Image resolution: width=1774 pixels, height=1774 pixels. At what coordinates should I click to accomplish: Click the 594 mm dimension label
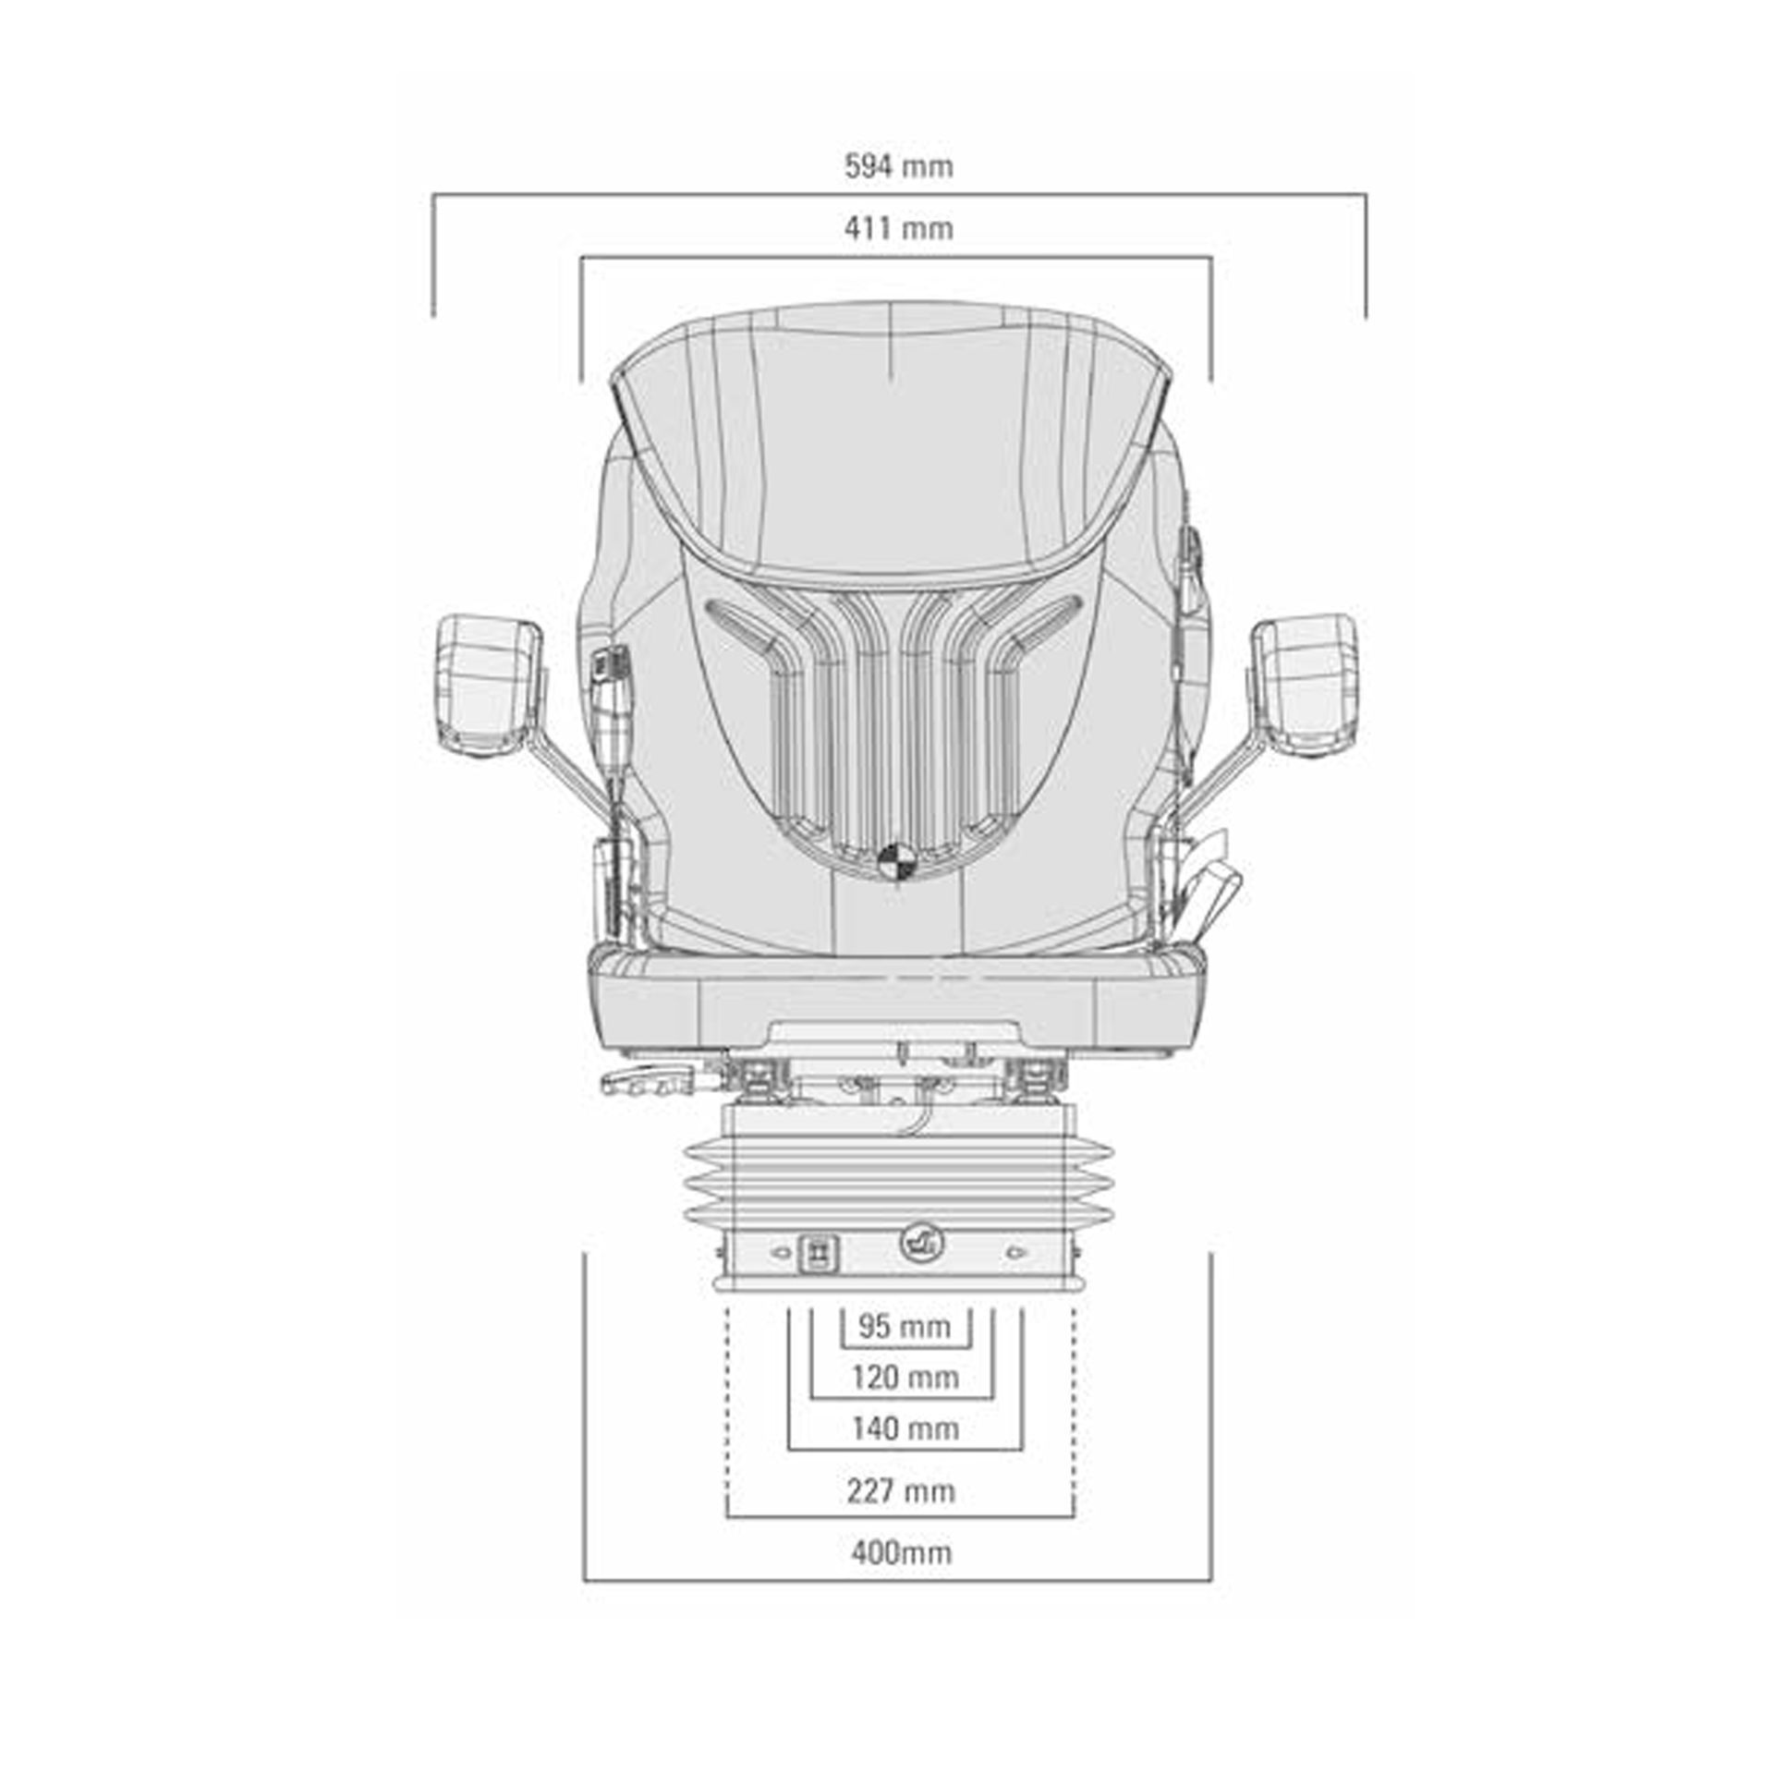click(x=898, y=166)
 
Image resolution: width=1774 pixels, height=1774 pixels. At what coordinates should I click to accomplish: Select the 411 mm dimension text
click(x=898, y=228)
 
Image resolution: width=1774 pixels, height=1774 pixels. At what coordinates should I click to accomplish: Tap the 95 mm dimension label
click(x=905, y=1327)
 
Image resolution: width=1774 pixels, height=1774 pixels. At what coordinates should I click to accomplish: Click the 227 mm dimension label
click(x=901, y=1491)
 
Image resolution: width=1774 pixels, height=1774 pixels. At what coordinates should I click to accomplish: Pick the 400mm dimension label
click(x=901, y=1553)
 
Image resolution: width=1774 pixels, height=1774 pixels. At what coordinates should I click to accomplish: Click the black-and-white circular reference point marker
click(x=895, y=861)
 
